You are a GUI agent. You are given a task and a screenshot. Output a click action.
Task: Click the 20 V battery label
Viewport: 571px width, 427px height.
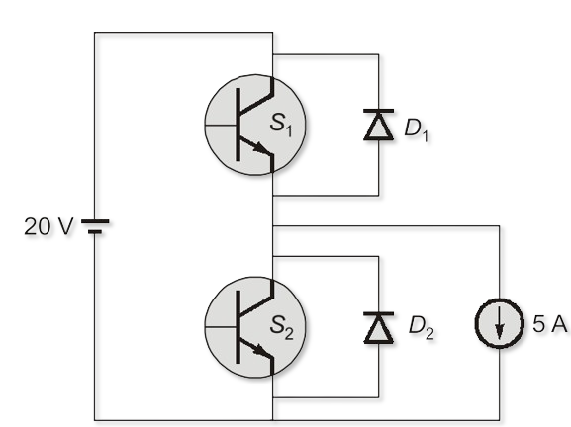pos(48,226)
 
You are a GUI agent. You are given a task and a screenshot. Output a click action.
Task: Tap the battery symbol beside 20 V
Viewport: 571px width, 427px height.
pos(95,226)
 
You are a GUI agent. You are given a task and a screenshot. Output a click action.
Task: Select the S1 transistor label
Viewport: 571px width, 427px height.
pos(281,125)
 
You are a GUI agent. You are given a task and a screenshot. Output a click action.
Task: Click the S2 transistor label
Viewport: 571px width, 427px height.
pos(281,327)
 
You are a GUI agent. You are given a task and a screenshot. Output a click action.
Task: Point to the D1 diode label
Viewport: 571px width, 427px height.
pos(417,130)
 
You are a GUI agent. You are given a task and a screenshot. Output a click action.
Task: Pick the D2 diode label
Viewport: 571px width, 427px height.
pos(421,328)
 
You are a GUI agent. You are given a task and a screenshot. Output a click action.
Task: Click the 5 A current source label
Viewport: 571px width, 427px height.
pos(550,323)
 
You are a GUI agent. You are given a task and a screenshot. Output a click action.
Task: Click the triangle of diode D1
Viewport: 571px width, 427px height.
pos(379,127)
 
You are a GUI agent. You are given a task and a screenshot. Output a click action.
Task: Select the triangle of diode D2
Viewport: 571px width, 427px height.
pos(379,329)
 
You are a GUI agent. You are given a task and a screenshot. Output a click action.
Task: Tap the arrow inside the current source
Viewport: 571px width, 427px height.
pos(500,323)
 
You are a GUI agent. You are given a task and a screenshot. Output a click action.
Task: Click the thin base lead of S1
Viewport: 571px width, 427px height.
pos(221,126)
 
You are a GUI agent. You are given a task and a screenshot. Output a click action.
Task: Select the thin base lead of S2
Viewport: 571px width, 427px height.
pos(221,327)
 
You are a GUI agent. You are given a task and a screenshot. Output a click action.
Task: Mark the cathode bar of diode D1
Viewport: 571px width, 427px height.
pos(379,111)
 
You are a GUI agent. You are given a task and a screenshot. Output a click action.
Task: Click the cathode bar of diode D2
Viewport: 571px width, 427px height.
pos(379,313)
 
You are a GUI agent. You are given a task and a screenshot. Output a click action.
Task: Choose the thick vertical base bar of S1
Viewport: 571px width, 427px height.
pos(238,125)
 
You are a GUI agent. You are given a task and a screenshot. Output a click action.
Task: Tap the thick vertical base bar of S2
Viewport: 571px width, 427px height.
pos(238,327)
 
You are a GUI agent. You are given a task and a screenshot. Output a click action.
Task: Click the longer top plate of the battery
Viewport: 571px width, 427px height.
pos(95,221)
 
